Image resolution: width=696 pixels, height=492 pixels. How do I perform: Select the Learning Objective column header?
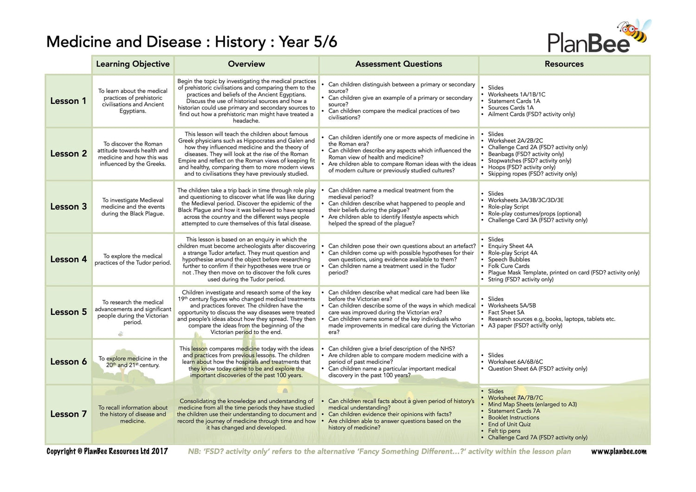pyautogui.click(x=133, y=64)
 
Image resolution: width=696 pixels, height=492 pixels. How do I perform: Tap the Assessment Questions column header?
pyautogui.click(x=399, y=64)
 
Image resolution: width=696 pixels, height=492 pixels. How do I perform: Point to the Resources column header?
pyautogui.click(x=564, y=64)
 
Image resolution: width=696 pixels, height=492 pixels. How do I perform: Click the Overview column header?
pyautogui.click(x=246, y=64)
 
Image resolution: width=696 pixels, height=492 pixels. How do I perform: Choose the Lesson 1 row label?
pyautogui.click(x=68, y=101)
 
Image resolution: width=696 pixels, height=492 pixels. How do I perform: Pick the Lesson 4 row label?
pyautogui.click(x=68, y=260)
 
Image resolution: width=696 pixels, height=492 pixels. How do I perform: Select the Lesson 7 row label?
pyautogui.click(x=68, y=414)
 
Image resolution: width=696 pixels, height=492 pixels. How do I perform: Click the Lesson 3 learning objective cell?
pyautogui.click(x=133, y=207)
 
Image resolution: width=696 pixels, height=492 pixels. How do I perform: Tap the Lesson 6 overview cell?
pyautogui.click(x=246, y=362)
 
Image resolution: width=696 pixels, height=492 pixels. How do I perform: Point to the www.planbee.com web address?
pyautogui.click(x=619, y=451)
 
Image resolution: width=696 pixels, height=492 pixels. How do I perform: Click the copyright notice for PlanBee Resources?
pyautogui.click(x=107, y=451)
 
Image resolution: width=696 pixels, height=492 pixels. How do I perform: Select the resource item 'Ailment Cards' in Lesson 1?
pyautogui.click(x=531, y=114)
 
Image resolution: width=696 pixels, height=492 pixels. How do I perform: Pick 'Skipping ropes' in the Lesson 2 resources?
pyautogui.click(x=532, y=174)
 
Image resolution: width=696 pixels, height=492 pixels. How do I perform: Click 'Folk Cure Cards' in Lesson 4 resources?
pyautogui.click(x=509, y=266)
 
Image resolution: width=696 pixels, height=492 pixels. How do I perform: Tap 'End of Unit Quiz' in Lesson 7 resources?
pyautogui.click(x=509, y=424)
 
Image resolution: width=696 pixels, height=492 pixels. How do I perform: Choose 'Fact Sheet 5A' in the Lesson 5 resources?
pyautogui.click(x=506, y=313)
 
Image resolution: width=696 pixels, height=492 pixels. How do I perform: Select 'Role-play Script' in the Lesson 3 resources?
pyautogui.click(x=508, y=207)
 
